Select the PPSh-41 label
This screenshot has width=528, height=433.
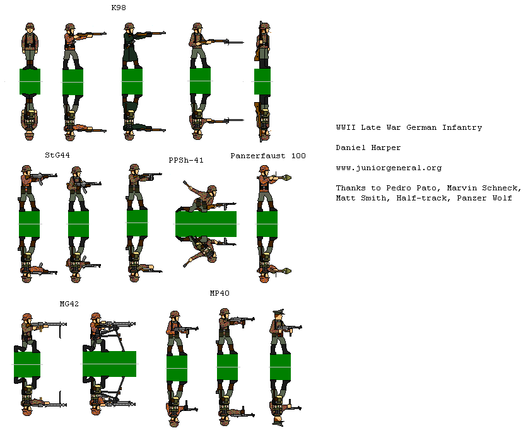pyautogui.click(x=185, y=161)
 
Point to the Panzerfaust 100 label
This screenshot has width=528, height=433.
pyautogui.click(x=267, y=155)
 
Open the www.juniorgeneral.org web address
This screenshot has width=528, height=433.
pyautogui.click(x=388, y=168)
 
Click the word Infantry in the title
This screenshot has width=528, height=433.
pyautogui.click(x=461, y=127)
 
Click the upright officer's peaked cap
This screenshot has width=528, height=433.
pyautogui.click(x=279, y=314)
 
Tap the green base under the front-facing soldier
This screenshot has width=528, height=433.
pyautogui.click(x=30, y=82)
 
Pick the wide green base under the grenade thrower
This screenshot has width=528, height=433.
pyautogui.click(x=206, y=224)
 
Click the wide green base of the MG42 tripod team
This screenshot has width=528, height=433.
pyautogui.click(x=109, y=364)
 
